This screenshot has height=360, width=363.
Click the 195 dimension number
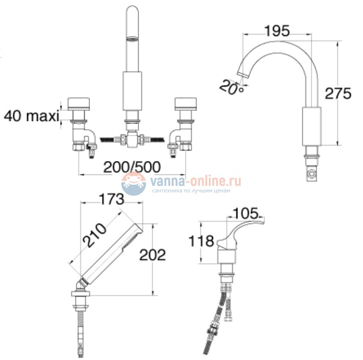277,31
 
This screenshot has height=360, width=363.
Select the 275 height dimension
338,93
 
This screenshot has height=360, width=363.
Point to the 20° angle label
232,88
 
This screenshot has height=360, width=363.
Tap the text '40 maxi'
31,116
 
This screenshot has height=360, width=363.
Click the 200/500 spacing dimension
132,167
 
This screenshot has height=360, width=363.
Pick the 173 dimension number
112,199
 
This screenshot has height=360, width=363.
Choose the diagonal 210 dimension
95,235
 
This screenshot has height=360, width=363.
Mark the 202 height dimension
152,255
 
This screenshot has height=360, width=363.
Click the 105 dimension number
245,213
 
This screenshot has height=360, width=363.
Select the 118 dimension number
201,241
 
